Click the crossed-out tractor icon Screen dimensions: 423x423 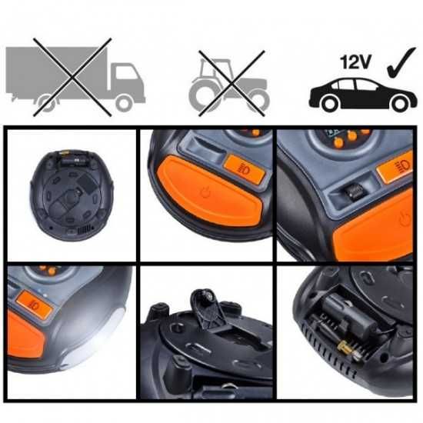click(x=229, y=80)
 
